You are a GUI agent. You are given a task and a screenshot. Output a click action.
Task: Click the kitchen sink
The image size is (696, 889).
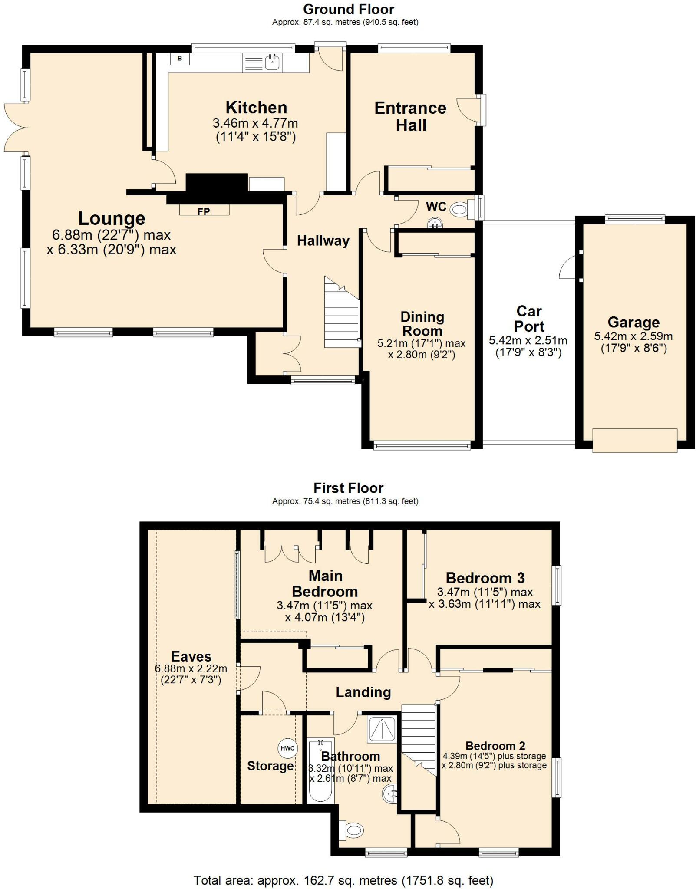(262, 63)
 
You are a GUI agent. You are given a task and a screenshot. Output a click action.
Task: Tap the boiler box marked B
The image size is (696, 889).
(180, 58)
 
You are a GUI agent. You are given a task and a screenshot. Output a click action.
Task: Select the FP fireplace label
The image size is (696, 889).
(204, 211)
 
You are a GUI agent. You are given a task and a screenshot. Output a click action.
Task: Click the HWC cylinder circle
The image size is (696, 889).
(287, 748)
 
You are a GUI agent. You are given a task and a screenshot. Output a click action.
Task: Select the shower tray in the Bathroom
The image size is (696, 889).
(382, 729)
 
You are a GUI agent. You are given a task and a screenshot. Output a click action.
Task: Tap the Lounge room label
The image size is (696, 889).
(112, 218)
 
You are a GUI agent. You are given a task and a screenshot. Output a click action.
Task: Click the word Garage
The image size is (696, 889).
(633, 323)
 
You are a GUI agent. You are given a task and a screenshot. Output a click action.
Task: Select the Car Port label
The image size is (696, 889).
(529, 319)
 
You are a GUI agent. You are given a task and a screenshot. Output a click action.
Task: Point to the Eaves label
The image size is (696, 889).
(191, 656)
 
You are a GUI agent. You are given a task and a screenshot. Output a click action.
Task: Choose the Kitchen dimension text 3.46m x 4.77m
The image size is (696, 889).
(255, 123)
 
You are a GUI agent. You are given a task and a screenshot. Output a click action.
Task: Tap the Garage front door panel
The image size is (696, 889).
(635, 441)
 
